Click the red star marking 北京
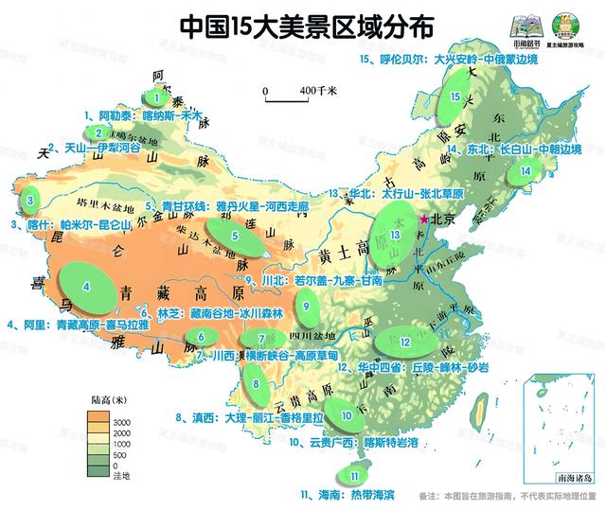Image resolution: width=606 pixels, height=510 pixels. (x=424, y=219)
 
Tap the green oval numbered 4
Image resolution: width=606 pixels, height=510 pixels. (x=87, y=285)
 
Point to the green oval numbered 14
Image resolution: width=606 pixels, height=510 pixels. (x=526, y=171)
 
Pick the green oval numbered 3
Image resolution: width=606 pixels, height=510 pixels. (x=30, y=200)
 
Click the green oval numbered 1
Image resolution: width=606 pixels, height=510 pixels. (x=155, y=96)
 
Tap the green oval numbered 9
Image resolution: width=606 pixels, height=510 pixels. (x=307, y=304)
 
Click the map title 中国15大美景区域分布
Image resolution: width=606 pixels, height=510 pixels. (x=294, y=26)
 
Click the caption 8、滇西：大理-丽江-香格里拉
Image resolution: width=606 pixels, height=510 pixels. (x=251, y=416)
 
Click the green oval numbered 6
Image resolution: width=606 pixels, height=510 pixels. (x=203, y=336)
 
